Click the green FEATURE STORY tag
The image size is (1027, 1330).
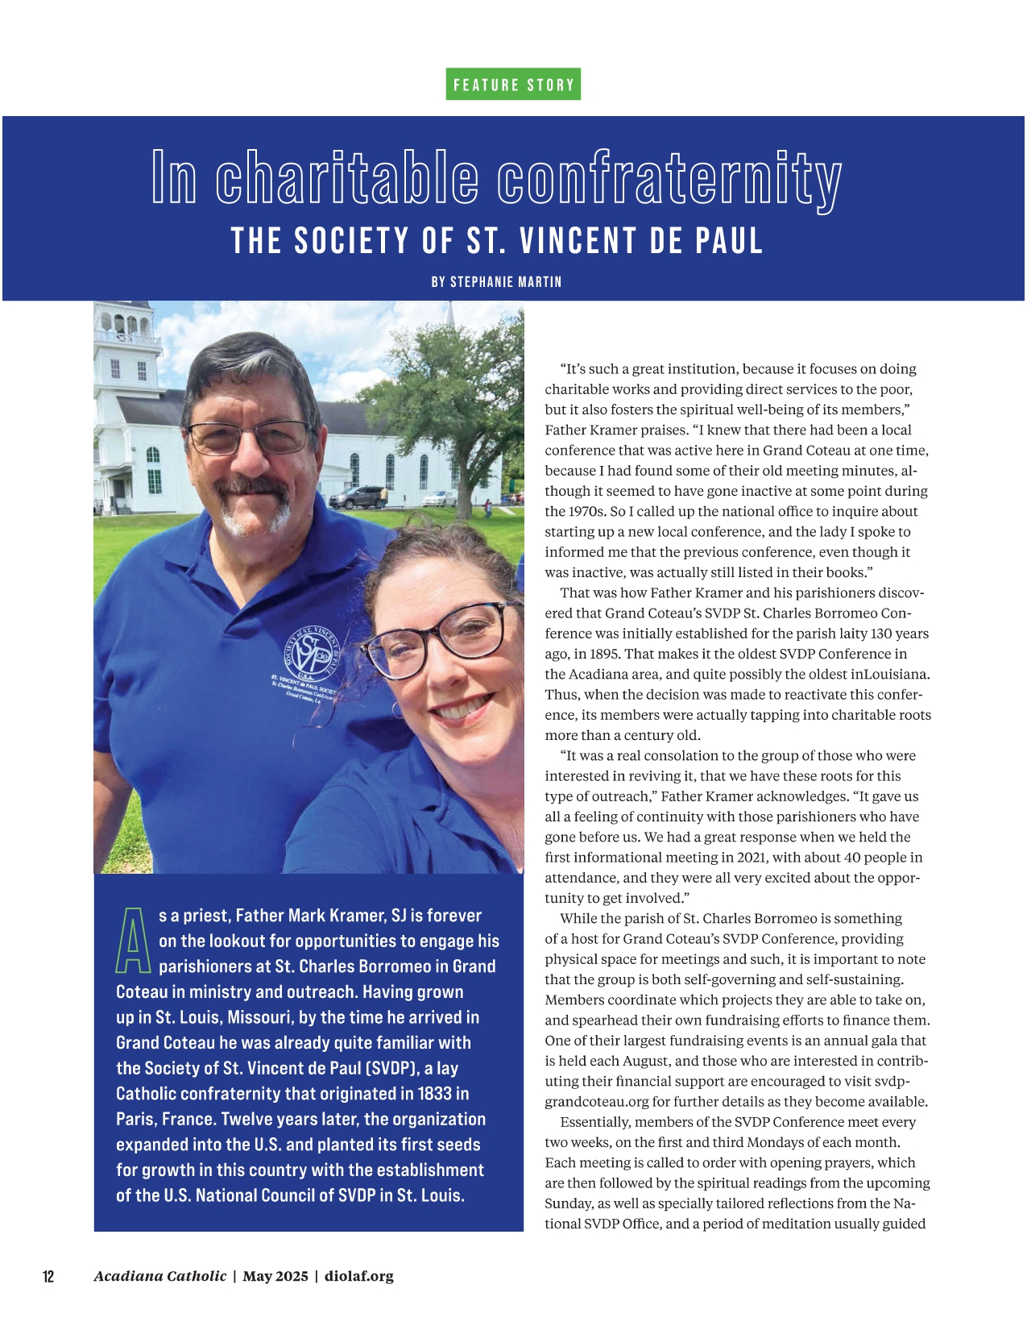[513, 85]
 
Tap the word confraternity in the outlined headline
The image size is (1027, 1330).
[669, 178]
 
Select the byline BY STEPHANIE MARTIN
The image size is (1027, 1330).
[496, 282]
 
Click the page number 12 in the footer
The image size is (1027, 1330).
[48, 1276]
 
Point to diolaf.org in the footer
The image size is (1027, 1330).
[359, 1276]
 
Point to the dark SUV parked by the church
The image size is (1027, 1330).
[358, 497]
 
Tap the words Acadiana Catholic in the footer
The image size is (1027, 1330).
[159, 1276]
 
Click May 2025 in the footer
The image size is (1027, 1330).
[275, 1276]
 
